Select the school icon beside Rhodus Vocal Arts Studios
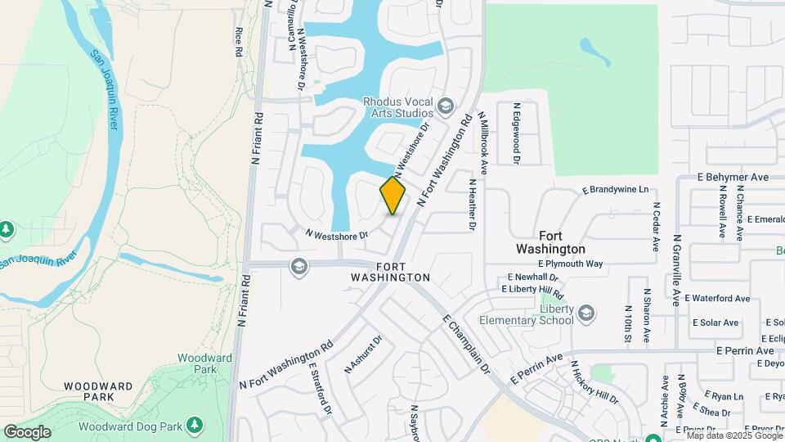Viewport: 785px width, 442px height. pyautogui.click(x=446, y=106)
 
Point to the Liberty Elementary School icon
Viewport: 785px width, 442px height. pyautogui.click(x=586, y=313)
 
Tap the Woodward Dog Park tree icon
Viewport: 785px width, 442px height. pyautogui.click(x=195, y=424)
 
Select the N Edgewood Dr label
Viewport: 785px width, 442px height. pyautogui.click(x=517, y=133)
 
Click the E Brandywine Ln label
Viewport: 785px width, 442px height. pyautogui.click(x=615, y=189)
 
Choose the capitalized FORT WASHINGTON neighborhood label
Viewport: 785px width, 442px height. pyautogui.click(x=390, y=273)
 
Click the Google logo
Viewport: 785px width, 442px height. pyautogui.click(x=27, y=432)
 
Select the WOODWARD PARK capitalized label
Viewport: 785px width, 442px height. pyautogui.click(x=98, y=390)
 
